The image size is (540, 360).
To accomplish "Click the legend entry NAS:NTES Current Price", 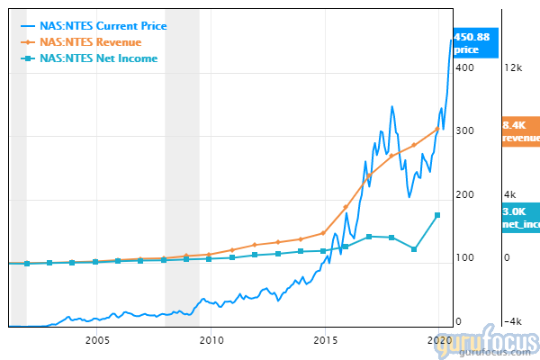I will click(x=109, y=25).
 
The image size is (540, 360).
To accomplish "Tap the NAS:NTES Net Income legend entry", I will click(x=105, y=58).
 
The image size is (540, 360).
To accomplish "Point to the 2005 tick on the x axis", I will click(x=97, y=340).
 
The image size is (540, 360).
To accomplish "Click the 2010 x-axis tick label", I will click(x=211, y=340).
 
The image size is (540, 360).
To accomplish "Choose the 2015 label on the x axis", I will click(x=326, y=340).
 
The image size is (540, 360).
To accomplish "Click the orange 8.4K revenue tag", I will click(x=520, y=131).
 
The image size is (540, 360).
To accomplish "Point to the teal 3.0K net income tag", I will click(x=520, y=217).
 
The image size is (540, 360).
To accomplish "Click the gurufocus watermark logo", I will click(x=490, y=342).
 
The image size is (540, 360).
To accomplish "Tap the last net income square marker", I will click(x=437, y=215).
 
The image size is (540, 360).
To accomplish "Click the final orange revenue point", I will click(x=437, y=128).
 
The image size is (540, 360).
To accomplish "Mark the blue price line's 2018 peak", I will click(x=391, y=107).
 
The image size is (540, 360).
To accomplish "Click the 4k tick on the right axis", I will click(x=510, y=194).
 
